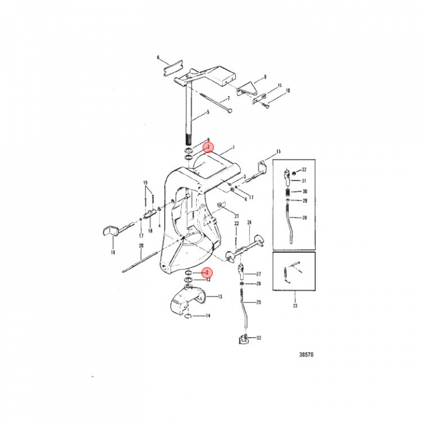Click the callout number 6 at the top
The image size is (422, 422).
tap(158, 57)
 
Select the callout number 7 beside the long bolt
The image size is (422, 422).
tap(228, 99)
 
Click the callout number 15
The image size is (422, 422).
tap(279, 151)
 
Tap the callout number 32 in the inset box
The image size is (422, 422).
tap(304, 170)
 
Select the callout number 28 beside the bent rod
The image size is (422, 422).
tap(304, 217)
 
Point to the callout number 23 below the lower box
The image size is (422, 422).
tap(294, 305)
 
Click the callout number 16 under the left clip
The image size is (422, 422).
tap(113, 252)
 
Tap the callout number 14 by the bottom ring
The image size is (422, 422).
tap(207, 316)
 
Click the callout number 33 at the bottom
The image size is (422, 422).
tap(259, 338)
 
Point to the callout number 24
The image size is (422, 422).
tap(249, 223)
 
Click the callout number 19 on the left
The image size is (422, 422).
tap(146, 183)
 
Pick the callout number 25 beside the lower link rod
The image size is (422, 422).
tap(259, 302)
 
